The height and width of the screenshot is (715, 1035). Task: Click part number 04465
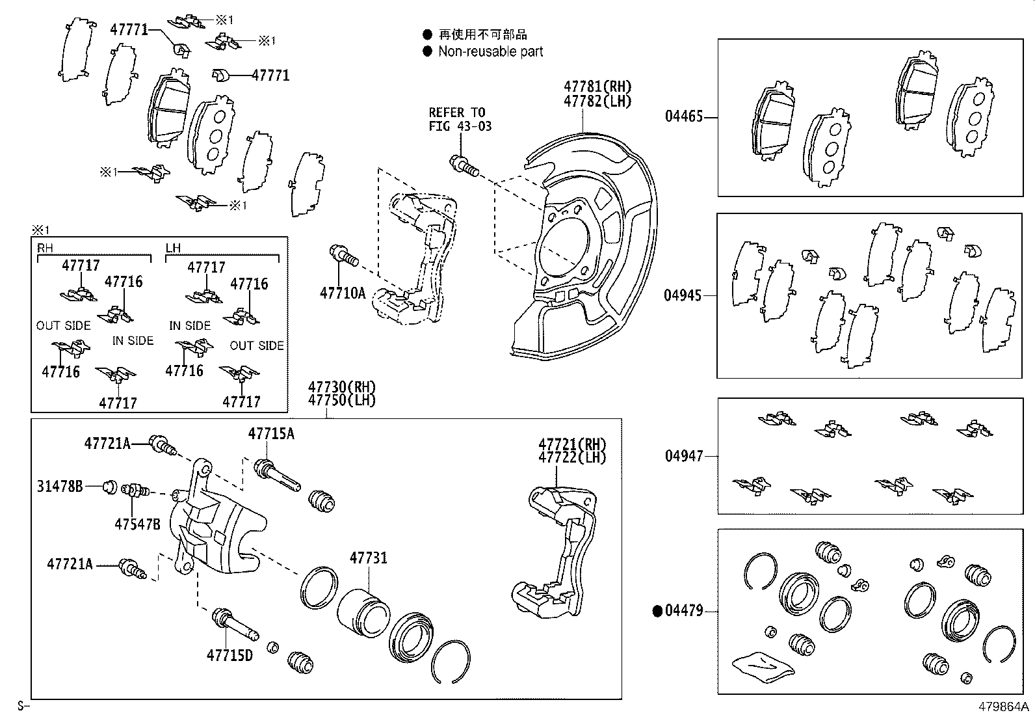click(683, 117)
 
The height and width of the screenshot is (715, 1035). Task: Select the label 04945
click(683, 295)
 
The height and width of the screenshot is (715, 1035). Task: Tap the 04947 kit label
click(683, 456)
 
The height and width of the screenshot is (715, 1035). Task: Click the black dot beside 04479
click(657, 611)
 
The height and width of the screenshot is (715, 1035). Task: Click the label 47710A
click(342, 293)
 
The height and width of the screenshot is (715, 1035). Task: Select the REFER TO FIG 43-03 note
click(460, 119)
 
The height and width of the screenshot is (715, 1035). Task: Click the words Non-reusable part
click(490, 51)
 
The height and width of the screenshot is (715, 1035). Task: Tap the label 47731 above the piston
click(368, 558)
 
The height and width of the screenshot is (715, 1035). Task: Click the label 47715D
click(229, 654)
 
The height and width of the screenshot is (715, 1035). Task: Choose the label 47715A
click(270, 434)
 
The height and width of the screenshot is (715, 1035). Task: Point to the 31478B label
click(59, 485)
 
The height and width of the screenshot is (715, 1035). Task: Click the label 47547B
click(137, 523)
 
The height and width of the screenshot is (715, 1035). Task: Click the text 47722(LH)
click(571, 457)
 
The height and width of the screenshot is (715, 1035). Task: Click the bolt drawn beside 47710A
click(343, 255)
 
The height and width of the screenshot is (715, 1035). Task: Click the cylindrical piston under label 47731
click(363, 613)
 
